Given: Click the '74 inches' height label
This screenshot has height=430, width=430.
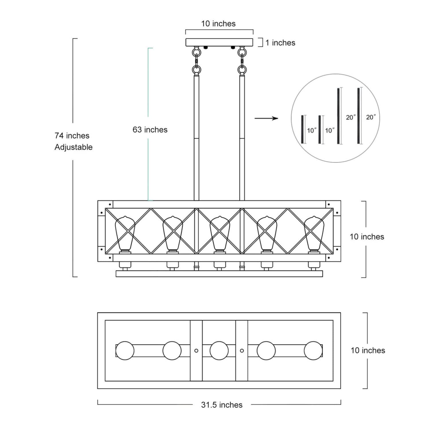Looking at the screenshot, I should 72,135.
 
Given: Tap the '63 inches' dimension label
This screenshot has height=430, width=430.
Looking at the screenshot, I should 150,130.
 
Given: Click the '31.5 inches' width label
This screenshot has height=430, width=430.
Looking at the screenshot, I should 222,405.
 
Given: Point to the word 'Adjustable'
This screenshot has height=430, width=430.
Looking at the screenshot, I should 74,147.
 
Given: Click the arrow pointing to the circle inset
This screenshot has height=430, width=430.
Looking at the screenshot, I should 266,118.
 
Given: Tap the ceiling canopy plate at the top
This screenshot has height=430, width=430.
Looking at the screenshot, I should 219,42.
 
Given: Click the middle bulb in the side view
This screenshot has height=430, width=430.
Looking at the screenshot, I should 219,234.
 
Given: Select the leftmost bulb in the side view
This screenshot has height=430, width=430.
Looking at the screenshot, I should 125,234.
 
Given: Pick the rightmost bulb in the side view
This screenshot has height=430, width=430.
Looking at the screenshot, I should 314,234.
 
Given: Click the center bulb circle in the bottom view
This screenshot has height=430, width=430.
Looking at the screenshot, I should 219,350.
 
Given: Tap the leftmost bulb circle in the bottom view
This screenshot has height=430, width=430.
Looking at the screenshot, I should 125,350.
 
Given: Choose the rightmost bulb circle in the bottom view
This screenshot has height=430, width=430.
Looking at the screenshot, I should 314,350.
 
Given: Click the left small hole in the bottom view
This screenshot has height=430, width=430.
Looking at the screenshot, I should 196,350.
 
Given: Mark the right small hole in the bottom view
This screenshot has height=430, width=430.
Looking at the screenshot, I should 242,350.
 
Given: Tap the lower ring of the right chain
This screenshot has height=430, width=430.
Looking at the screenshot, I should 242,69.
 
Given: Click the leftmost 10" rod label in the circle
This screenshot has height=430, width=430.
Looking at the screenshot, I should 312,130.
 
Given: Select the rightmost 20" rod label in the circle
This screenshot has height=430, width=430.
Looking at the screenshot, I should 371,117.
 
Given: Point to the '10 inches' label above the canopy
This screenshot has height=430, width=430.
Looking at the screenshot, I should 218,24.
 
